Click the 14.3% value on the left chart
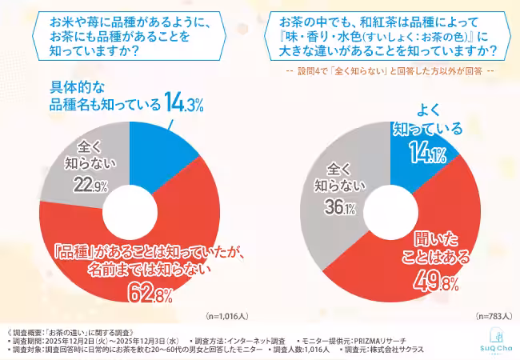tap(185, 102)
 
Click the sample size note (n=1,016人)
tap(231, 316)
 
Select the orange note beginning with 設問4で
tap(389, 70)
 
